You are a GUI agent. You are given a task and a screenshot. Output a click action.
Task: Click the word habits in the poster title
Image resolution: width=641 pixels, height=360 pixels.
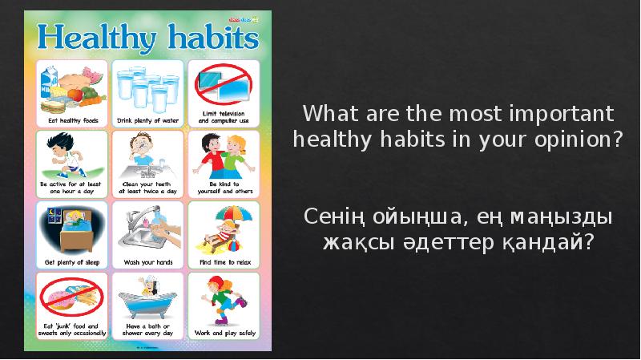pos(210,38)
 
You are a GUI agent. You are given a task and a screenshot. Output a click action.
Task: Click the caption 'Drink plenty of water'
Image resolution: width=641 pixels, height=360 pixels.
pos(148,120)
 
